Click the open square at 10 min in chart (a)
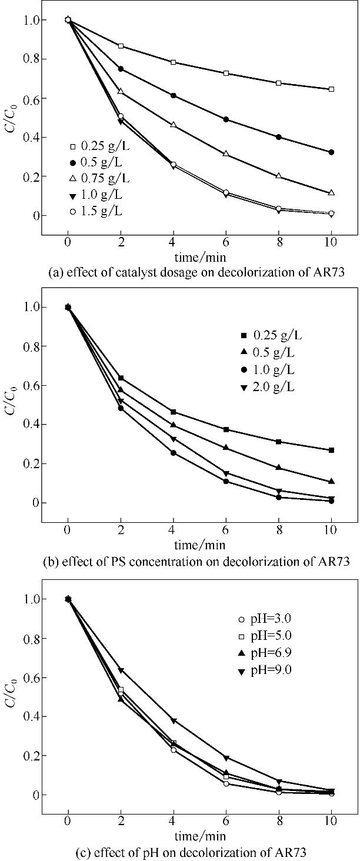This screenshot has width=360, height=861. click(x=331, y=89)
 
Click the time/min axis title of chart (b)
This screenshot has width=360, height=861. click(x=199, y=544)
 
